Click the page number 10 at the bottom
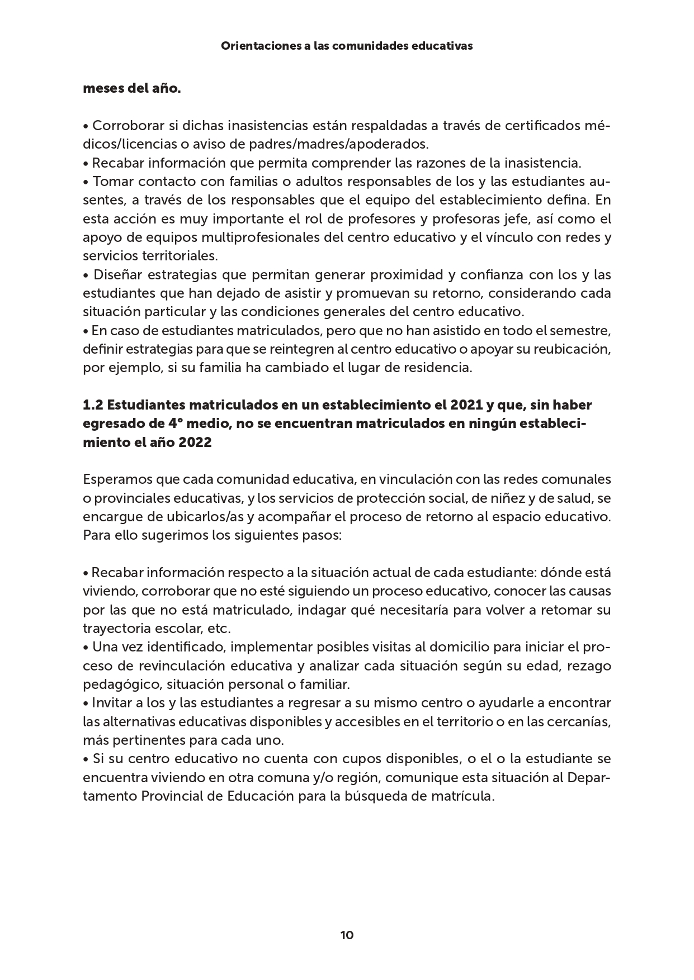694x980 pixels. pyautogui.click(x=347, y=935)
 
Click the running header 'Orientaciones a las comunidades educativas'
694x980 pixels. pyautogui.click(x=347, y=46)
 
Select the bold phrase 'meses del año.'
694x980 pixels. pyautogui.click(x=132, y=88)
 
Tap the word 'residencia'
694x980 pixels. pyautogui.click(x=438, y=368)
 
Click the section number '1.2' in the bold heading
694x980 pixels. pyautogui.click(x=92, y=405)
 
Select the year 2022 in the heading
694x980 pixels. pyautogui.click(x=196, y=442)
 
